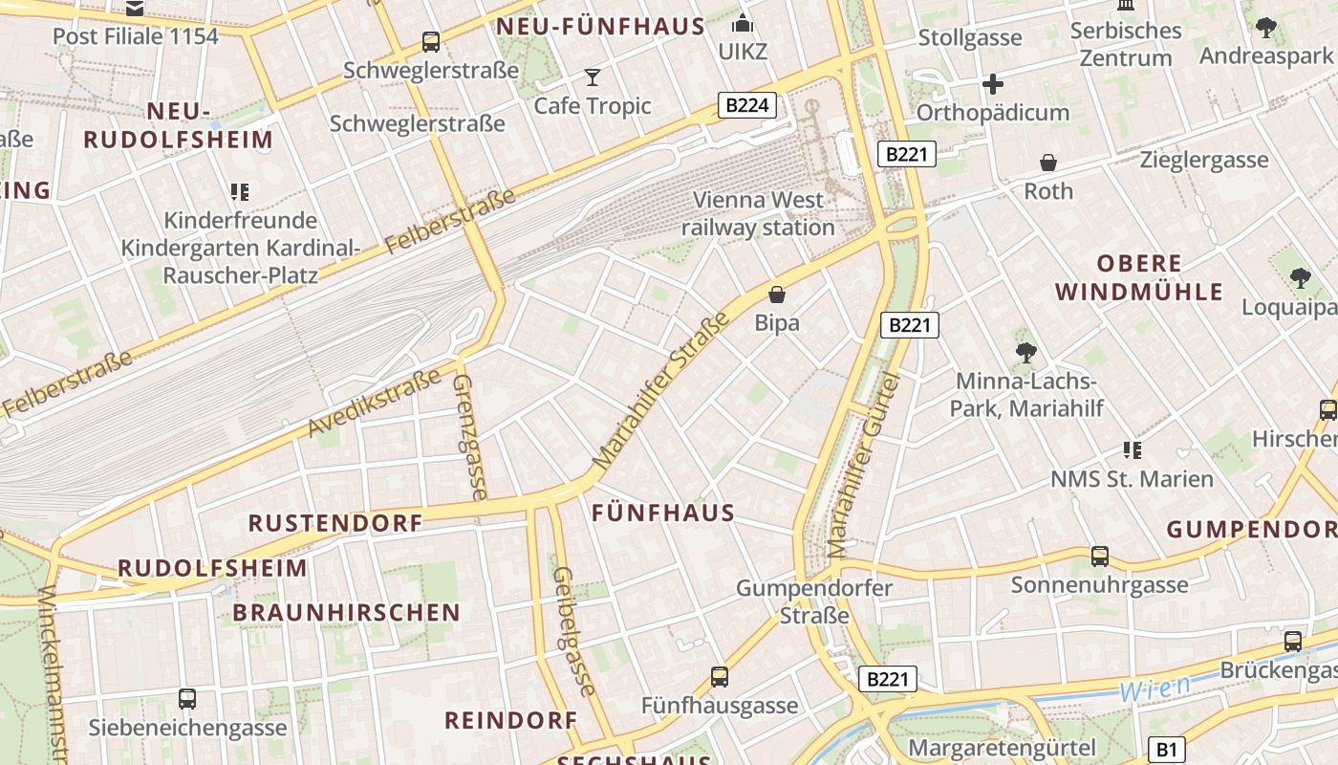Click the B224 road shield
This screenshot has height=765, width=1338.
(x=747, y=105)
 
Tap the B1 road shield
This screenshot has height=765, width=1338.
(x=1166, y=749)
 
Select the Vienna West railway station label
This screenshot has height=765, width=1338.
(x=758, y=214)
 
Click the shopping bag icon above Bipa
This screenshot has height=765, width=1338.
(x=777, y=295)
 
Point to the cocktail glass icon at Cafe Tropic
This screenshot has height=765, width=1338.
(x=593, y=76)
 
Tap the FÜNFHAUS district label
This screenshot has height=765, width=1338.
(x=663, y=513)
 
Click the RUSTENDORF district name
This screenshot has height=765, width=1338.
(x=335, y=523)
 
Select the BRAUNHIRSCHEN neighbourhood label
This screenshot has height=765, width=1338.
(x=346, y=612)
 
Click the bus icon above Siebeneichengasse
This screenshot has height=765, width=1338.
(x=187, y=699)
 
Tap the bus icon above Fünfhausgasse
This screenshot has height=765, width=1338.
(x=720, y=677)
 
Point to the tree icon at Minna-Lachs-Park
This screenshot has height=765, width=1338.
(x=1026, y=353)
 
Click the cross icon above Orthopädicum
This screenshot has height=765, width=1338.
(x=993, y=84)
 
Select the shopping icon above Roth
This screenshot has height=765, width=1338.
(x=1048, y=163)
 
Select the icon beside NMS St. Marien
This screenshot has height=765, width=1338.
(x=1133, y=449)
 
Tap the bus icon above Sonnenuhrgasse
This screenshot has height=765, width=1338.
(x=1100, y=556)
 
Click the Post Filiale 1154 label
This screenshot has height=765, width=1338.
(x=135, y=36)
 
